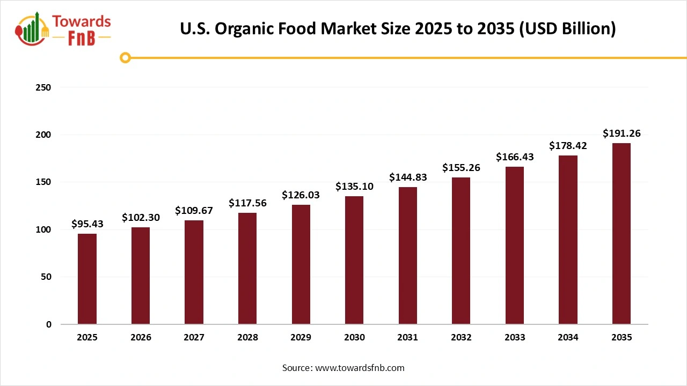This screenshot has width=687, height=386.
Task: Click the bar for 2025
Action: click(x=87, y=279)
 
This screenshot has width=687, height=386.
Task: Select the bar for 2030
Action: click(x=354, y=260)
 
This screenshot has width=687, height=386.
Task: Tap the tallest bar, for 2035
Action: click(x=622, y=234)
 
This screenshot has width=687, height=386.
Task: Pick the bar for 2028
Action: click(x=247, y=269)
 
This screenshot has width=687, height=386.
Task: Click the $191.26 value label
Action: click(x=622, y=133)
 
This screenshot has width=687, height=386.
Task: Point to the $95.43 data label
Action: click(x=87, y=224)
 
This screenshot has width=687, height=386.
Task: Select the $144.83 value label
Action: click(x=408, y=177)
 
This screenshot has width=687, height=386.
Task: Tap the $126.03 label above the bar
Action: click(x=301, y=195)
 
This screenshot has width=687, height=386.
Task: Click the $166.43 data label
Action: click(x=515, y=157)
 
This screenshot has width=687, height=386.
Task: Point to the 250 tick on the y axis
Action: click(x=44, y=87)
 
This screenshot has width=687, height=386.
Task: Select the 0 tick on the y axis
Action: click(x=48, y=324)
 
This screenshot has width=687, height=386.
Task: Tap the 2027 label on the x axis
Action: click(x=194, y=338)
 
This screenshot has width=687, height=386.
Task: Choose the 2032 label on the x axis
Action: click(x=461, y=338)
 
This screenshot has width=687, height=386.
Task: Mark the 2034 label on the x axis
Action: click(x=568, y=338)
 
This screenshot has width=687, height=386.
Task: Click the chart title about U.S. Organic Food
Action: click(x=398, y=28)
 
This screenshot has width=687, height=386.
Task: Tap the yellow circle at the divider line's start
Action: click(x=125, y=57)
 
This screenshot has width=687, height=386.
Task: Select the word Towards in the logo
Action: click(x=82, y=21)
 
